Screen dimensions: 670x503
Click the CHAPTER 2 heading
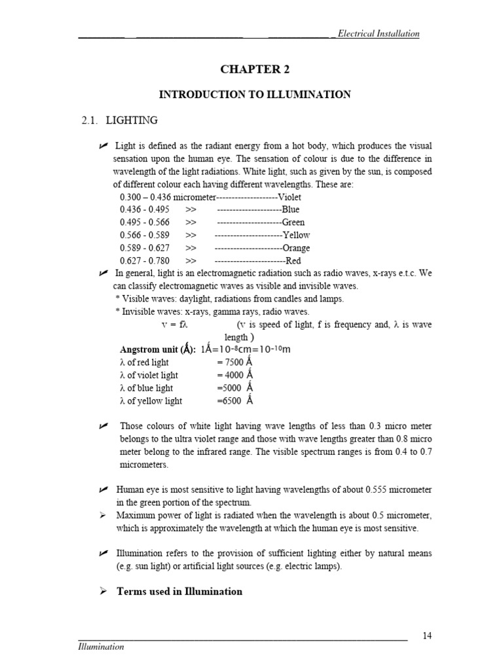(x=255, y=69)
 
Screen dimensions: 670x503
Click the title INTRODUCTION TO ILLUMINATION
(x=255, y=95)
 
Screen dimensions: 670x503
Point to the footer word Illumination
(x=101, y=646)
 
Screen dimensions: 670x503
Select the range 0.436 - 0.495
(x=145, y=209)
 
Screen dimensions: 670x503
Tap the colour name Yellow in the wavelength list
(x=296, y=235)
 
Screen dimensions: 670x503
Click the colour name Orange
(x=296, y=248)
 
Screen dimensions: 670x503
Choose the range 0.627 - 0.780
(x=145, y=260)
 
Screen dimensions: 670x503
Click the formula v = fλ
(x=175, y=325)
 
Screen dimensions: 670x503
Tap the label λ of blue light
(x=147, y=388)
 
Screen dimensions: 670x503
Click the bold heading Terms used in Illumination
(x=179, y=591)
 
